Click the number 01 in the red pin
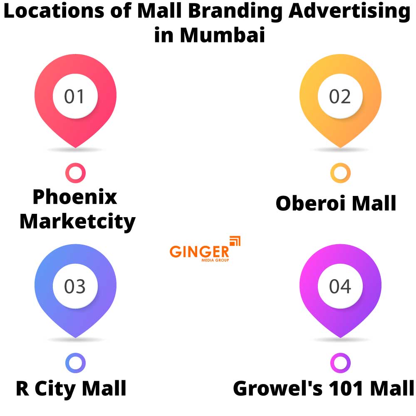coord(75,97)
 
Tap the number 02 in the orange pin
coord(340,97)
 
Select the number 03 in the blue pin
coord(75,287)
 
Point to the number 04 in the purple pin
coord(340,287)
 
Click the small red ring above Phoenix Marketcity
coord(75,173)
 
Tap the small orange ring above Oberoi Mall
coord(340,173)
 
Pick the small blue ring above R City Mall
coord(75,364)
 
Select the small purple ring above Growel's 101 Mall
coord(340,364)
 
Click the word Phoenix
coord(75,197)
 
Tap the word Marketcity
coord(77,222)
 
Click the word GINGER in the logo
coord(199,251)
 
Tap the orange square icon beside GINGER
coord(235,241)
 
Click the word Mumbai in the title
coord(223,35)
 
